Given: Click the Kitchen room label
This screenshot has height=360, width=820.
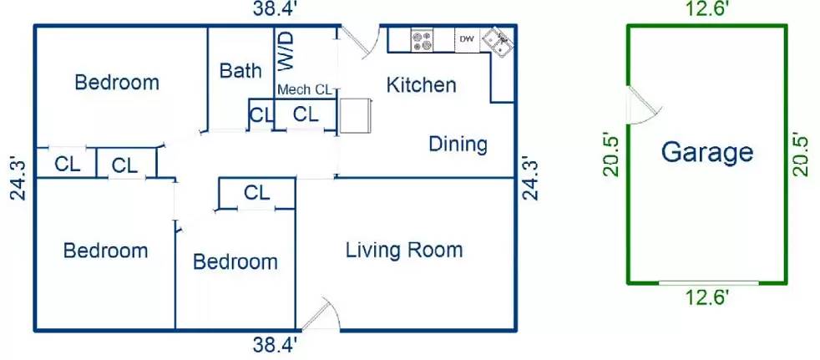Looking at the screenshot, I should pos(422,84).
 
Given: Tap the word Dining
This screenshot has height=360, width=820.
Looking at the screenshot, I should pos(458,144).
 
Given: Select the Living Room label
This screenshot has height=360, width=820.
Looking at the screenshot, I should pos(404,249).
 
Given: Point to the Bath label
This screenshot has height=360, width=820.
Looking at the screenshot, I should pos(240,71).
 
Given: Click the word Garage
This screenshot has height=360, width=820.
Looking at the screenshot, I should pos(706,152).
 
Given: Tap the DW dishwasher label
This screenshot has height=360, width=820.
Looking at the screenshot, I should pos(466,38).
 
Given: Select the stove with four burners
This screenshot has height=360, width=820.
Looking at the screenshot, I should pos(423,39).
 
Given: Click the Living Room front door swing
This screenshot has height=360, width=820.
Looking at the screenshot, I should pos(321,315).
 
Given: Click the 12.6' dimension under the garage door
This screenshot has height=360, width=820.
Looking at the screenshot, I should pos(707,296).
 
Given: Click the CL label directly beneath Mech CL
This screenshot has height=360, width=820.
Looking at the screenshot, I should pos(306,114).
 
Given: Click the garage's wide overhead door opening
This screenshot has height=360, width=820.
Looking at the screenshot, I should pos(708,283).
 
